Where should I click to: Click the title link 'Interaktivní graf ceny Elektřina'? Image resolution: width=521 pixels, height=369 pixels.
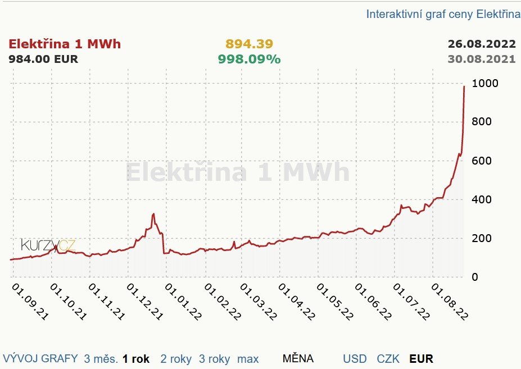[443, 14]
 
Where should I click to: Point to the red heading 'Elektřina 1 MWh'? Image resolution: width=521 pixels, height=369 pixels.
[65, 44]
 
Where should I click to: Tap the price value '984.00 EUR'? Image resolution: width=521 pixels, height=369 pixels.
[43, 59]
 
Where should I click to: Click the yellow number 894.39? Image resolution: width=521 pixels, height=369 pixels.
[249, 44]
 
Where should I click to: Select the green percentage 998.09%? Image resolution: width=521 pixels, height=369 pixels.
[249, 59]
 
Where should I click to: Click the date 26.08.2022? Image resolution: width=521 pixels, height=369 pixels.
[481, 44]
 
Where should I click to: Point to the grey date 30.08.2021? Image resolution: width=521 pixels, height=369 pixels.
[481, 59]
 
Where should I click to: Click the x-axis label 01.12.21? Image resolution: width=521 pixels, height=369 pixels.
[144, 302]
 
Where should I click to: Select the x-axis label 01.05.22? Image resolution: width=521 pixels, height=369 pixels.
[336, 302]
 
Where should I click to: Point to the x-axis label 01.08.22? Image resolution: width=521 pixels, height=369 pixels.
[450, 302]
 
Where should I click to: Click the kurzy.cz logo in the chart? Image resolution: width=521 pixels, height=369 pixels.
[48, 245]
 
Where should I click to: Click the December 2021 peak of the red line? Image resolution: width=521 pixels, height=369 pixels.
[153, 214]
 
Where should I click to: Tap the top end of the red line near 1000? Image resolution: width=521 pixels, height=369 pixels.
[464, 86]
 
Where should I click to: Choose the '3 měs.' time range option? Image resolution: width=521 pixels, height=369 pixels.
[101, 359]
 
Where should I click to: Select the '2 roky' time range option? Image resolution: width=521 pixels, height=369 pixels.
[176, 359]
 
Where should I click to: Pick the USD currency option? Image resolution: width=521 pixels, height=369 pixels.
[355, 359]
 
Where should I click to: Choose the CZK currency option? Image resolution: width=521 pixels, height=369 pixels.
[388, 359]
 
